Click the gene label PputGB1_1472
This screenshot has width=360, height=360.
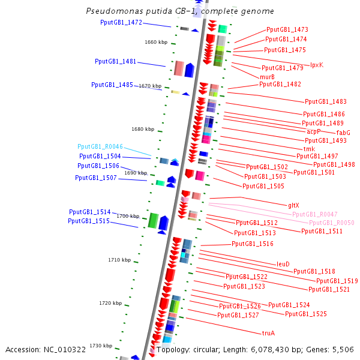(x=121, y=23)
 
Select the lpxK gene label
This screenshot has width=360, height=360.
(x=317, y=65)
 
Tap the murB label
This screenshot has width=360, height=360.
(x=267, y=77)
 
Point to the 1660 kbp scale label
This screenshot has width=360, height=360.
(x=156, y=42)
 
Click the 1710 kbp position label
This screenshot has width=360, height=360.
(x=119, y=260)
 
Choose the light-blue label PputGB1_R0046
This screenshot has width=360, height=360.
(x=100, y=146)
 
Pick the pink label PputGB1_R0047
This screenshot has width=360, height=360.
(x=315, y=214)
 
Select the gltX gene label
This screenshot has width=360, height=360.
(x=293, y=205)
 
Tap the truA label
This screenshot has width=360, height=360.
(x=268, y=333)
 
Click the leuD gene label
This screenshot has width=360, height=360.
(x=283, y=264)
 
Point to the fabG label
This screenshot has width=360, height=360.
(x=343, y=133)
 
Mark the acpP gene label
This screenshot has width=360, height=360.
(x=313, y=131)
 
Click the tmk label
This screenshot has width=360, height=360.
(x=309, y=149)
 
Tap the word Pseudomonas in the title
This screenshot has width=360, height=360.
(x=115, y=11)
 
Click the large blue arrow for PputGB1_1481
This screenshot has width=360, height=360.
(x=190, y=70)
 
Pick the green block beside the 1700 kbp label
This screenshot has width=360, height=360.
(x=153, y=221)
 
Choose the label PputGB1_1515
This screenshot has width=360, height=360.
(x=89, y=221)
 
